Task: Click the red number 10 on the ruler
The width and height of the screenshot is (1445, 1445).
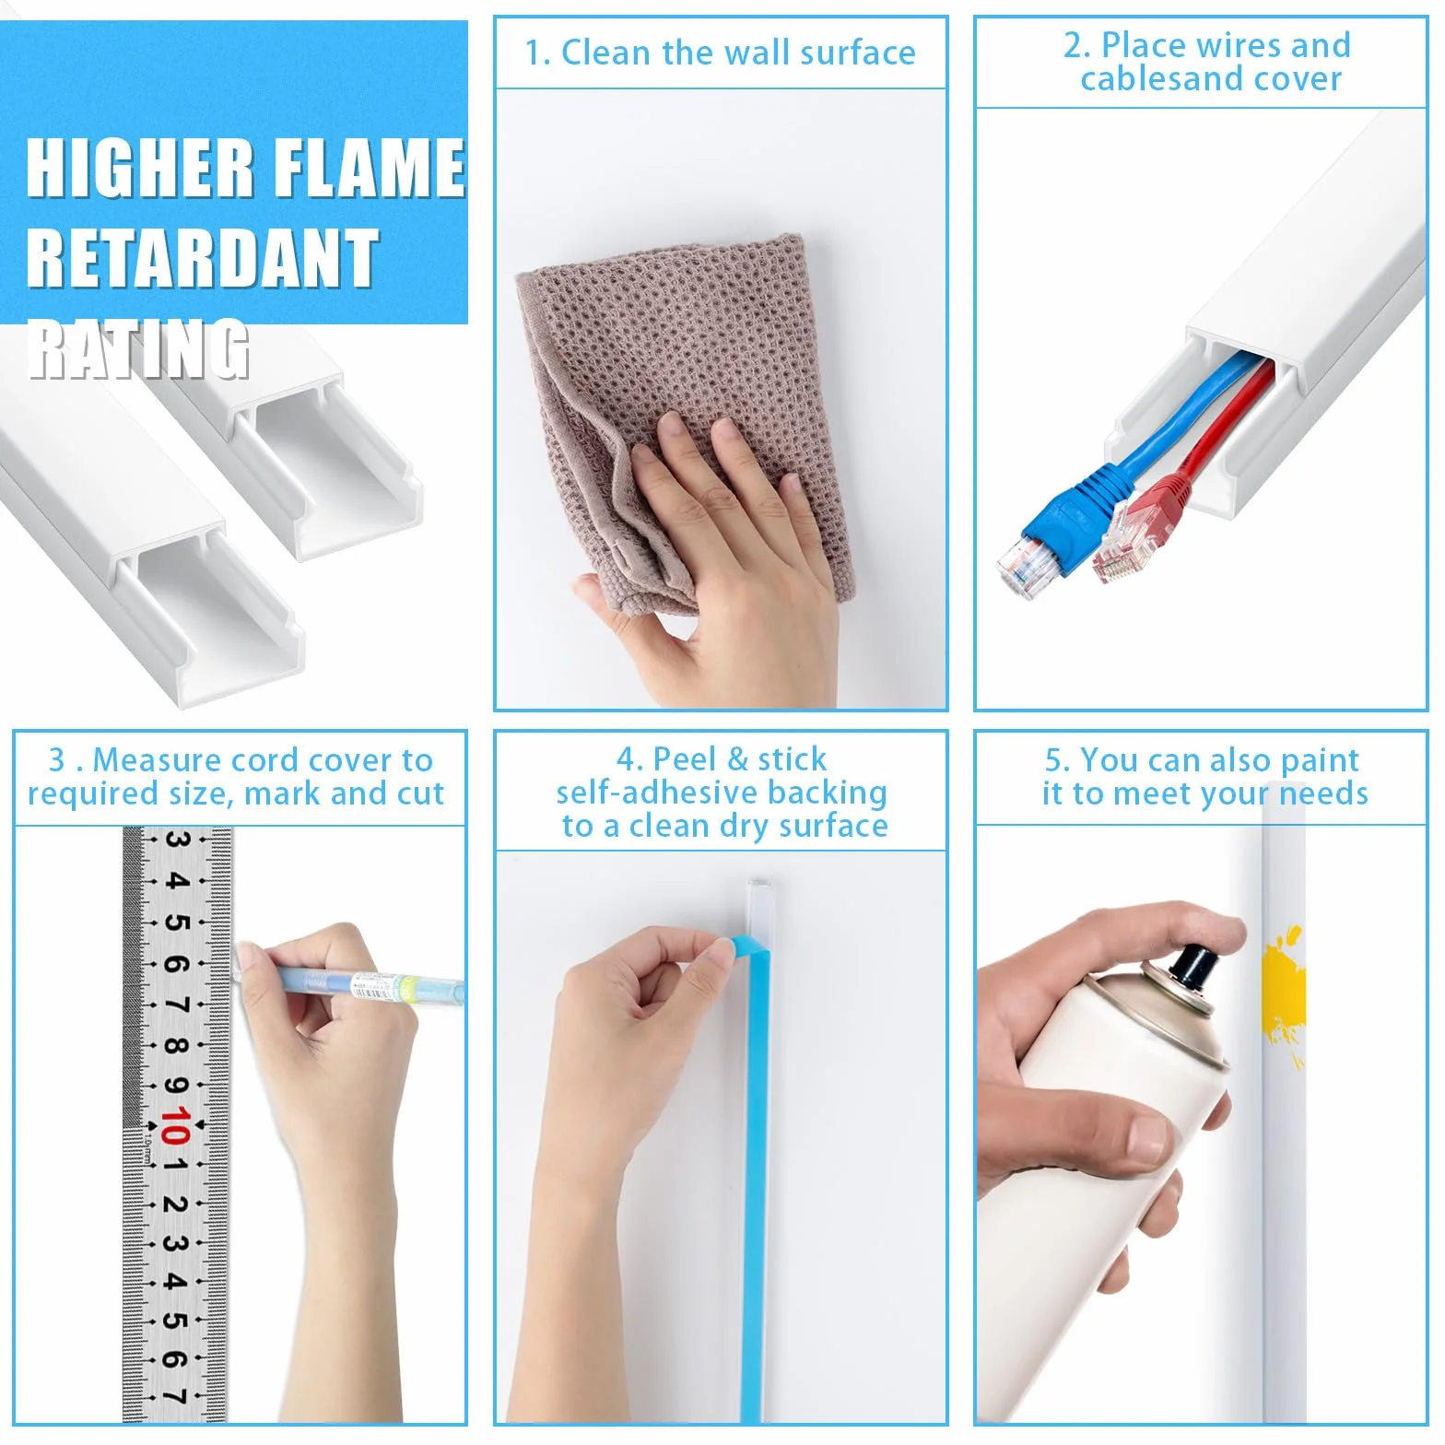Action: pyautogui.click(x=175, y=1125)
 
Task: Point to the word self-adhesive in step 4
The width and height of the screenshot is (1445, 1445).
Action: pyautogui.click(x=657, y=793)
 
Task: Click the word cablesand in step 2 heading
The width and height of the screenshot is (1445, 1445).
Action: pyautogui.click(x=1158, y=79)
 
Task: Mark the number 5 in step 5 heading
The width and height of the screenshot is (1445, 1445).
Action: pyautogui.click(x=1053, y=760)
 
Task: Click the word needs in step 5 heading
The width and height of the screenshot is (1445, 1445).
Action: pyautogui.click(x=1323, y=793)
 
